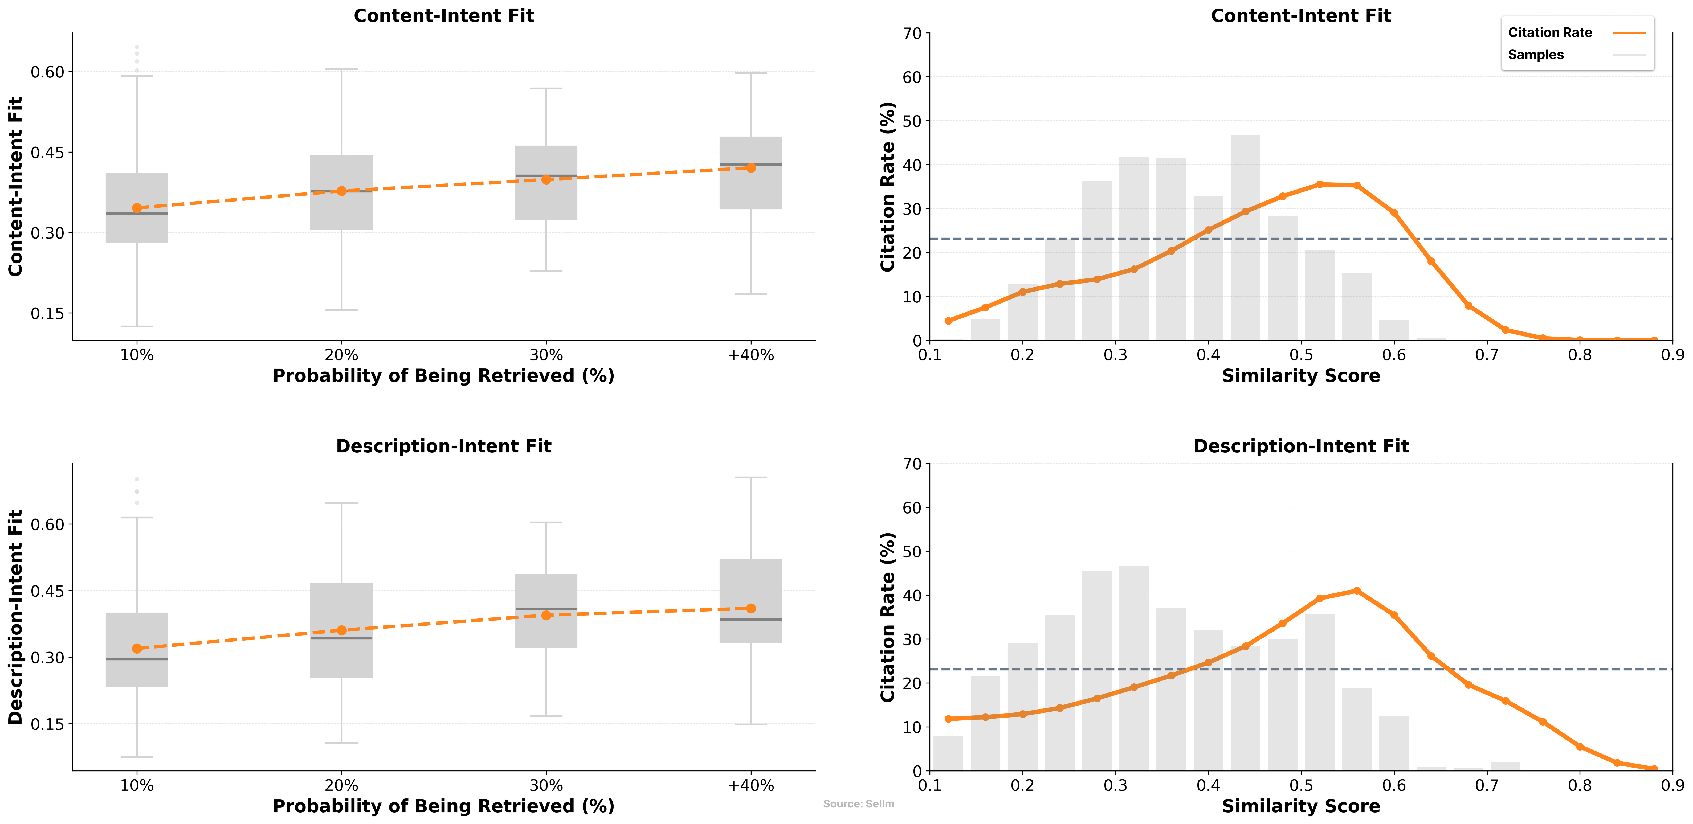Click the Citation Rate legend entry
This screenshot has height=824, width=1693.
click(x=1550, y=33)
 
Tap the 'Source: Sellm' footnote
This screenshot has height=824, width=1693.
click(x=858, y=803)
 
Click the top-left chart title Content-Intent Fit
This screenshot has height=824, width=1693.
click(x=444, y=16)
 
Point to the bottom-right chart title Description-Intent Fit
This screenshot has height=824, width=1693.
click(x=1301, y=446)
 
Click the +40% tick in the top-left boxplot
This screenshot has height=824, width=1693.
click(x=750, y=355)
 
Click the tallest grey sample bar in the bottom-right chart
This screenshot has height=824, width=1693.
click(x=1134, y=667)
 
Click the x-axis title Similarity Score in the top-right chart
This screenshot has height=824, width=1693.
click(x=1301, y=376)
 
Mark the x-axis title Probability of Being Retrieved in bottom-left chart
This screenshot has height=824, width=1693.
click(x=444, y=806)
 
